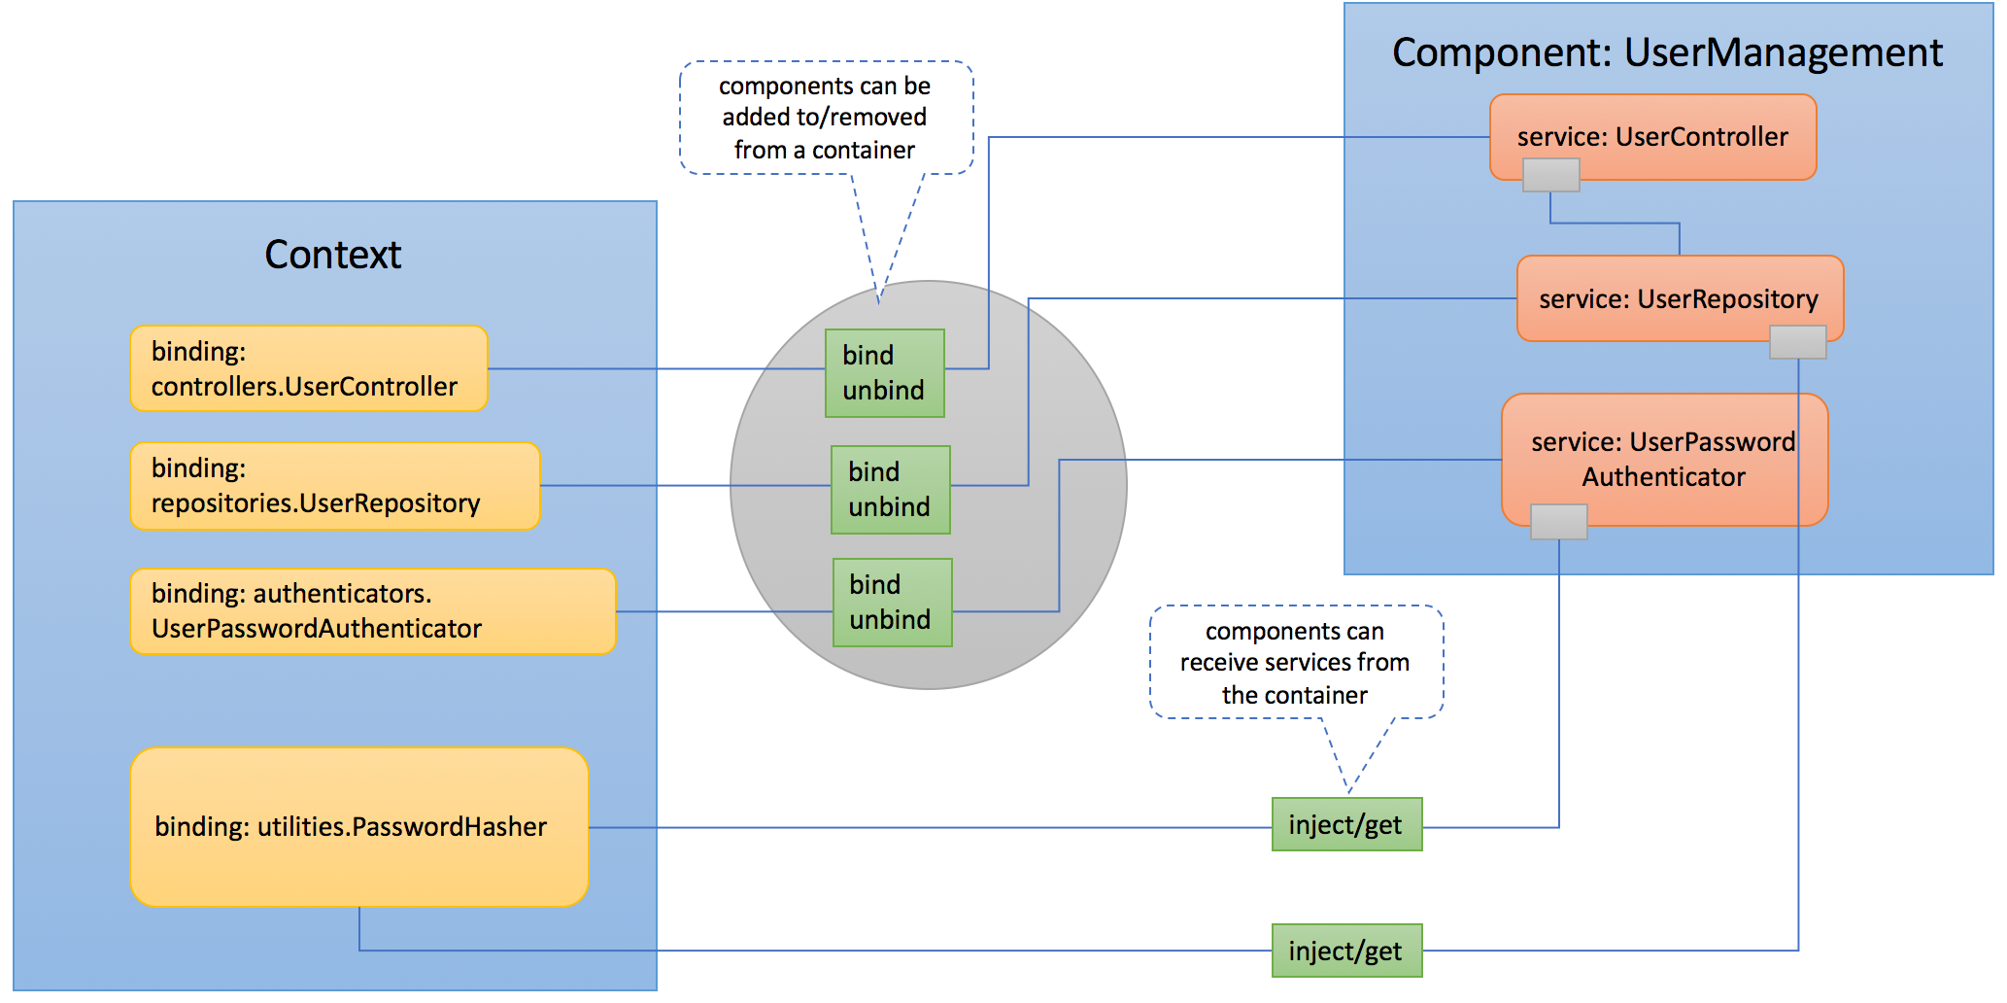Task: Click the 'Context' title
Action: pos(332,255)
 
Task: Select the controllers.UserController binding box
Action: pos(309,369)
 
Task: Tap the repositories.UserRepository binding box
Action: pos(335,486)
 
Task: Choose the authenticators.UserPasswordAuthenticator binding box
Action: pos(373,611)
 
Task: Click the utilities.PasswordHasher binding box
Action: pos(359,827)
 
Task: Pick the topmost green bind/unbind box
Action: pos(884,373)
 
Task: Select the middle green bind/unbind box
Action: pos(890,490)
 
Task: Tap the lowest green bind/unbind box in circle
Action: pos(892,603)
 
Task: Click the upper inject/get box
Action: pos(1346,824)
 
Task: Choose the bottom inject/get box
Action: pos(1346,951)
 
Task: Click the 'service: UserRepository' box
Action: pos(1680,297)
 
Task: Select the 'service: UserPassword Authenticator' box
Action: pos(1664,459)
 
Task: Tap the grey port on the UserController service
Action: pos(1550,176)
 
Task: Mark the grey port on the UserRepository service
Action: pos(1797,342)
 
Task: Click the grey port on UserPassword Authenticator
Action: pos(1558,522)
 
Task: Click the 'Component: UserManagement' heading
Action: pos(1667,52)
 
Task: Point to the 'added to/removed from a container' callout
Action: pos(825,118)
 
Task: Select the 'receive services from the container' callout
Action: pos(1295,663)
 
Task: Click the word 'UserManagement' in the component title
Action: pos(1784,52)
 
